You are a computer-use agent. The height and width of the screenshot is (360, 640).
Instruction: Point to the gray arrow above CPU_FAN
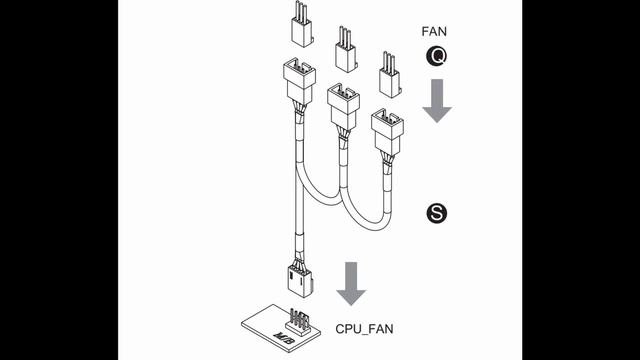350,282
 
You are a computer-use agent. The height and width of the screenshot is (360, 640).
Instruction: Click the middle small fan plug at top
345,55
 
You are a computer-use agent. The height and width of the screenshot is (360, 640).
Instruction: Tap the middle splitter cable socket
344,104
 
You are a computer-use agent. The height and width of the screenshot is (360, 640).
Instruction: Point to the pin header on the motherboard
297,318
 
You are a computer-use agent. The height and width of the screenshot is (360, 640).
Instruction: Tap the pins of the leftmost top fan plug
300,13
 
